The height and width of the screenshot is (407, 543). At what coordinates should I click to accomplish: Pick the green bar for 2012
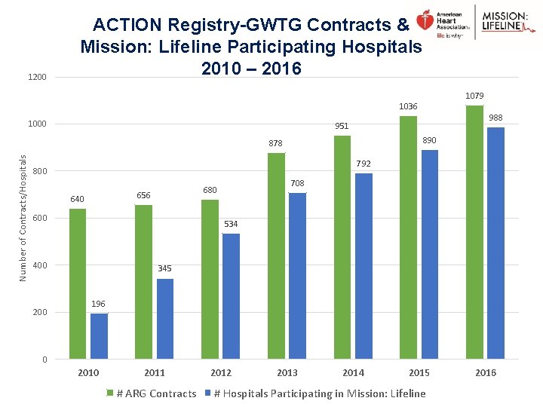pyautogui.click(x=210, y=279)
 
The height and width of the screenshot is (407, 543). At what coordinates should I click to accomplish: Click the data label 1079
pyautogui.click(x=475, y=96)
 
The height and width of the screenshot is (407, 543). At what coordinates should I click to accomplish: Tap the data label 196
pyautogui.click(x=99, y=304)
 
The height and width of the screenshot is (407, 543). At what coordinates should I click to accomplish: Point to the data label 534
pyautogui.click(x=232, y=224)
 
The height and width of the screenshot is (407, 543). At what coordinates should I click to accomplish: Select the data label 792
pyautogui.click(x=364, y=164)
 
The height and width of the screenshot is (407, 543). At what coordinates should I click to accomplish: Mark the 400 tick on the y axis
pyautogui.click(x=39, y=265)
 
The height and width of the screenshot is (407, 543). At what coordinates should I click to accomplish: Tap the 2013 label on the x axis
pyautogui.click(x=287, y=372)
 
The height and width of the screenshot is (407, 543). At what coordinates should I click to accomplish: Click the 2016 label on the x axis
pyautogui.click(x=486, y=372)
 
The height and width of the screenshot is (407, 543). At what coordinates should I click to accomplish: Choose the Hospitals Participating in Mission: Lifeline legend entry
pyautogui.click(x=316, y=393)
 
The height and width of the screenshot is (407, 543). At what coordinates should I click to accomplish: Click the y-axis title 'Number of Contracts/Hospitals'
pyautogui.click(x=23, y=218)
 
